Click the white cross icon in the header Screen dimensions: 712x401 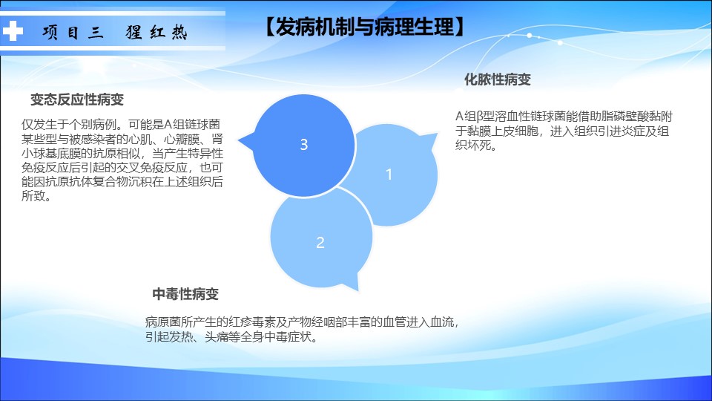13,30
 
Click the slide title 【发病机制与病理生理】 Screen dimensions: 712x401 364,27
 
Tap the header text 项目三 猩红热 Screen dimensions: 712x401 115,32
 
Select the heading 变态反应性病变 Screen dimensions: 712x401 77,100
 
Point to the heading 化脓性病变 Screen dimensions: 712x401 497,79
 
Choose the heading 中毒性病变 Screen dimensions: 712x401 185,294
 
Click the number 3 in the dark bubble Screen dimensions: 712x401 304,145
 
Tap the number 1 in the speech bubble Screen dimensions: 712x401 389,175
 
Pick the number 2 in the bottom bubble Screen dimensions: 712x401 320,243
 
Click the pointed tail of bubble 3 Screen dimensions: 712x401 240,141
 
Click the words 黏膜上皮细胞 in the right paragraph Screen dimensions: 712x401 503,131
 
